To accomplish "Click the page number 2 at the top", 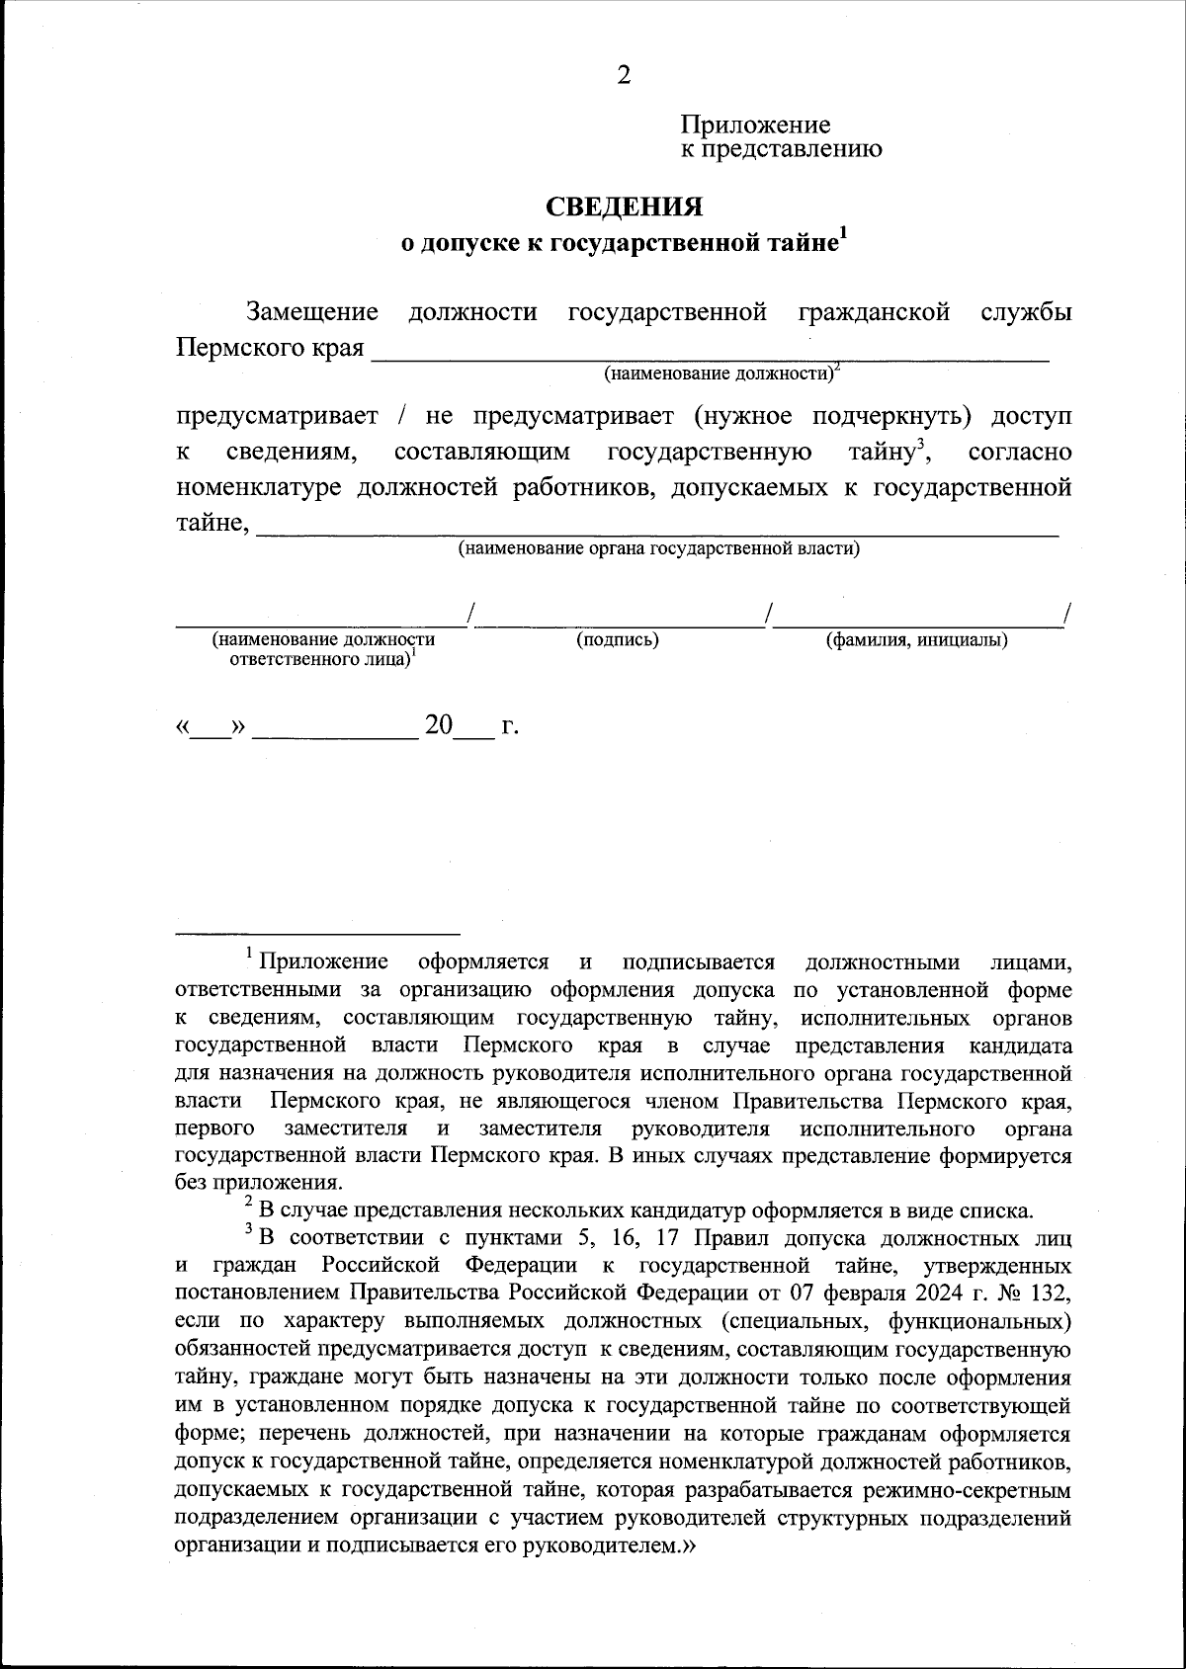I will tap(623, 76).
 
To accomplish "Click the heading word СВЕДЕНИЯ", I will tap(625, 207).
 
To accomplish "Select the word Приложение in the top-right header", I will tap(755, 125).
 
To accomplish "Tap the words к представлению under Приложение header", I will tap(781, 150).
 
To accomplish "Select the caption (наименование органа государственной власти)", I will tap(658, 548).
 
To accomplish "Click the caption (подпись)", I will tap(618, 640).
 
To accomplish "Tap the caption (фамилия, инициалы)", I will tap(917, 640).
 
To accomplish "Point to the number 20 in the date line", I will tap(438, 726).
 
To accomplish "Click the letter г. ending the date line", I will tap(510, 728).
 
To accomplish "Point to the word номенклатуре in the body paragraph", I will tap(260, 488).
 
